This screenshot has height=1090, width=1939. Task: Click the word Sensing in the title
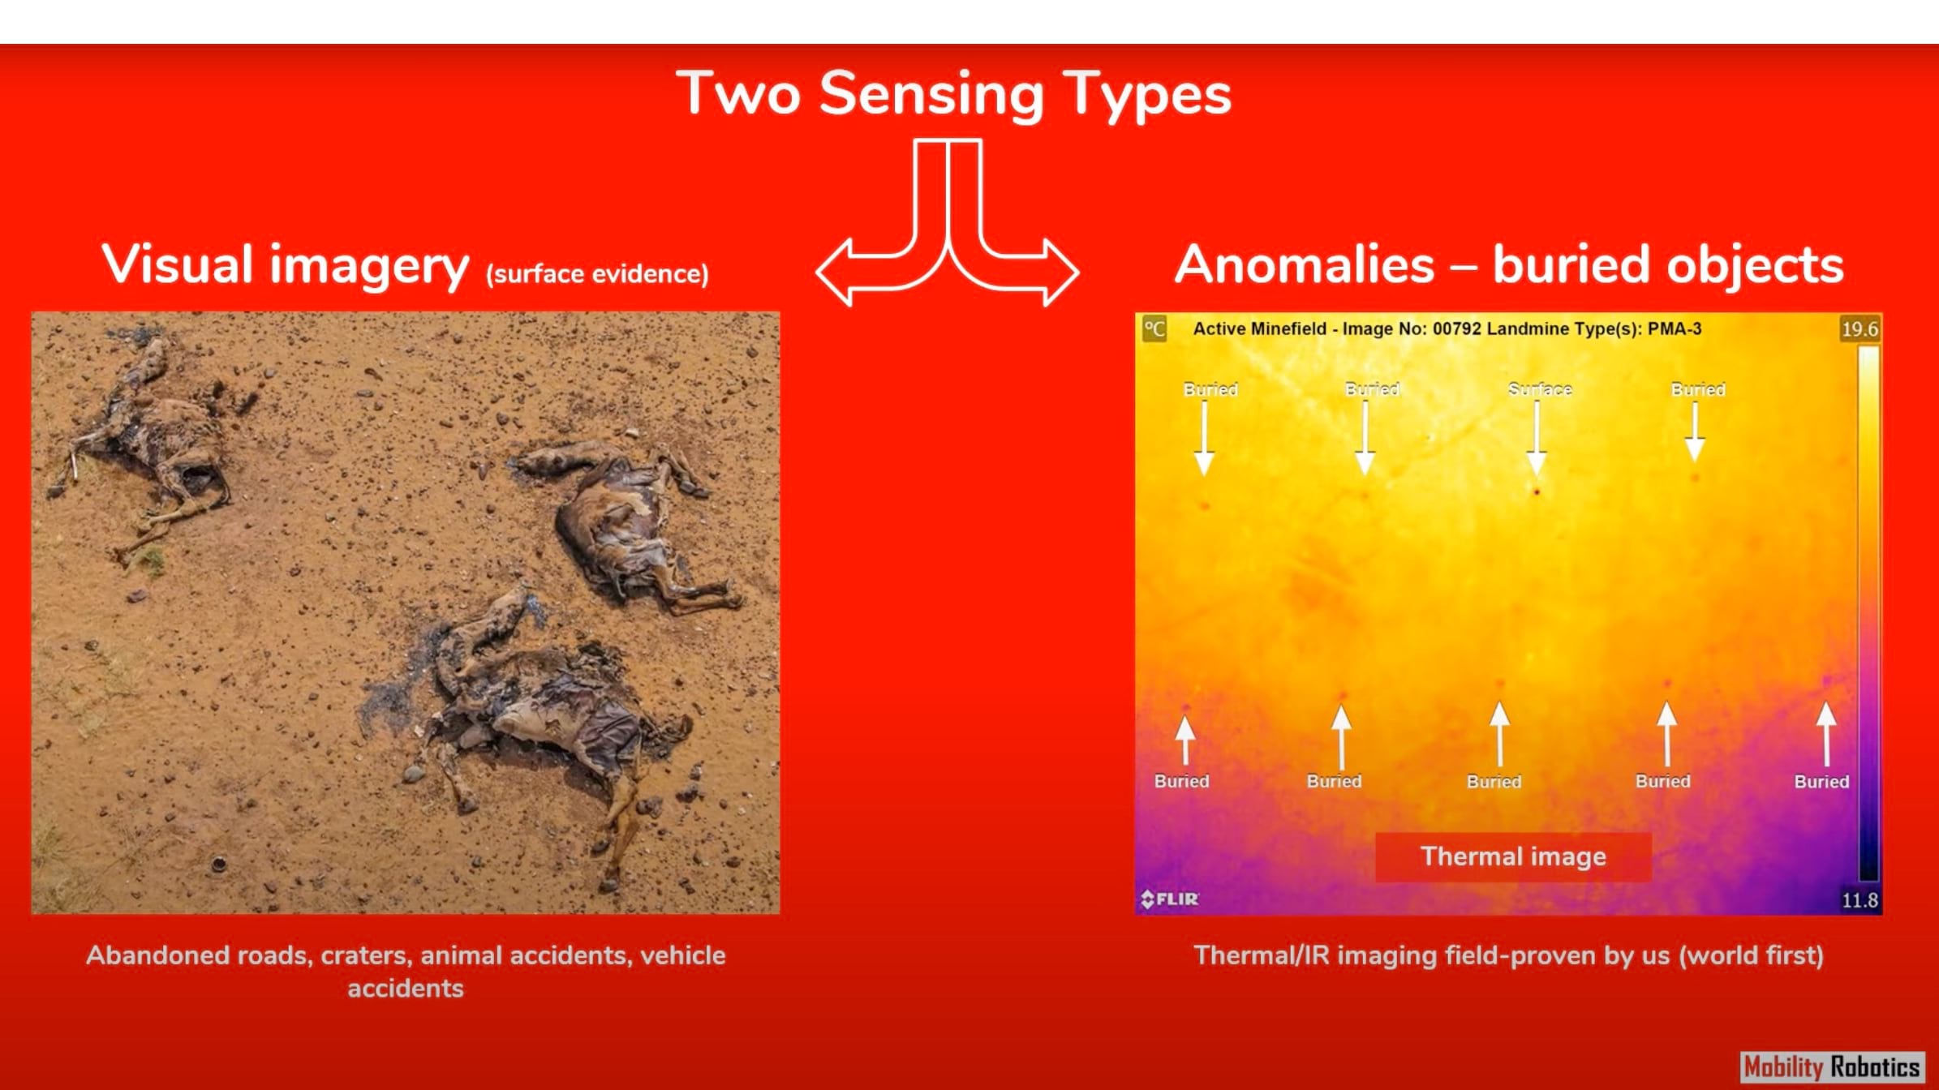[931, 95]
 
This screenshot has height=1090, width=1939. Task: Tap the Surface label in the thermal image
[1540, 389]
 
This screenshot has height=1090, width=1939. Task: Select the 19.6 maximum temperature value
[1859, 328]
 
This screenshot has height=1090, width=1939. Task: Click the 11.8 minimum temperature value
[1859, 899]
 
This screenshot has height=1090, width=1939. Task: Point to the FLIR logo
[1169, 899]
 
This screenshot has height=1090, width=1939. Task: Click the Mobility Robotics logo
[1832, 1066]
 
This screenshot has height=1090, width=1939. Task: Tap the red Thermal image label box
[1513, 856]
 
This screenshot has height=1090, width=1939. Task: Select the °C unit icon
[1154, 329]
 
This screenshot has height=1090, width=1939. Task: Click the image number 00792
[1456, 328]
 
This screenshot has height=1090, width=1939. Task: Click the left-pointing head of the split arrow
[836, 272]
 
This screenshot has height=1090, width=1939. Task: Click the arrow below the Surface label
[1537, 438]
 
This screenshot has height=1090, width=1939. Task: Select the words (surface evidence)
[597, 274]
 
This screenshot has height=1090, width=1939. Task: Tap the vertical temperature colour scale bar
[1868, 613]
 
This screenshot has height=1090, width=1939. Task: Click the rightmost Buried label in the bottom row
[1821, 781]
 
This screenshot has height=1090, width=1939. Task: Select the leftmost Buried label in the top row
[1210, 389]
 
